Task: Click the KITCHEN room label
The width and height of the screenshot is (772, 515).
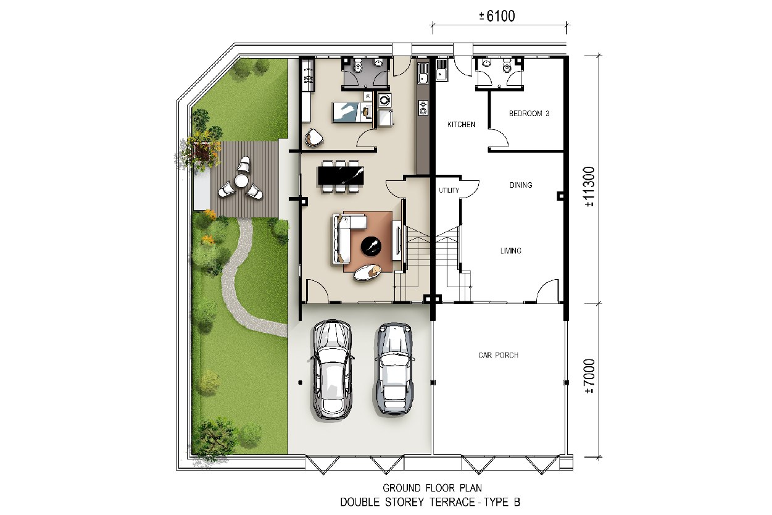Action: point(461,125)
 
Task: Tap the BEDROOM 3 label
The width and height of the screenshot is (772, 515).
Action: point(529,114)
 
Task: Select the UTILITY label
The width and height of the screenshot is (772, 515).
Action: point(449,190)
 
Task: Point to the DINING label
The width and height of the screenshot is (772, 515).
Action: point(521,185)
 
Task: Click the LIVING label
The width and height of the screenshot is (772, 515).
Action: point(511,251)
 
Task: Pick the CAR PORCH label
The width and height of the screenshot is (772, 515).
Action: point(498,355)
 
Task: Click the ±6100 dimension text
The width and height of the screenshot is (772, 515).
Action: point(497,16)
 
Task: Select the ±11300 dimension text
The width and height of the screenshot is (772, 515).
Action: point(590,186)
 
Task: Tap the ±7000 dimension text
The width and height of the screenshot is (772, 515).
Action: point(590,376)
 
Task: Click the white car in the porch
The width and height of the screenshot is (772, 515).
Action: point(332,369)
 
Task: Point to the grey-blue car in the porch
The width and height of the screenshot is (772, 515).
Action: point(394,369)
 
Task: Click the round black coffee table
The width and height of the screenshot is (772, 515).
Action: point(371,246)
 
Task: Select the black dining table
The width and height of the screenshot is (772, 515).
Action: point(341,175)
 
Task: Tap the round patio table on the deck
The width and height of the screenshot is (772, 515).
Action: point(241,180)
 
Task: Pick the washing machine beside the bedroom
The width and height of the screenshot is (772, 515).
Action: point(384,100)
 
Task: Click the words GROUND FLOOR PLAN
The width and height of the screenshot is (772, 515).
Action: point(432,488)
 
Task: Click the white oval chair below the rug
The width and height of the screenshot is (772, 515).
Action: point(367,272)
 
